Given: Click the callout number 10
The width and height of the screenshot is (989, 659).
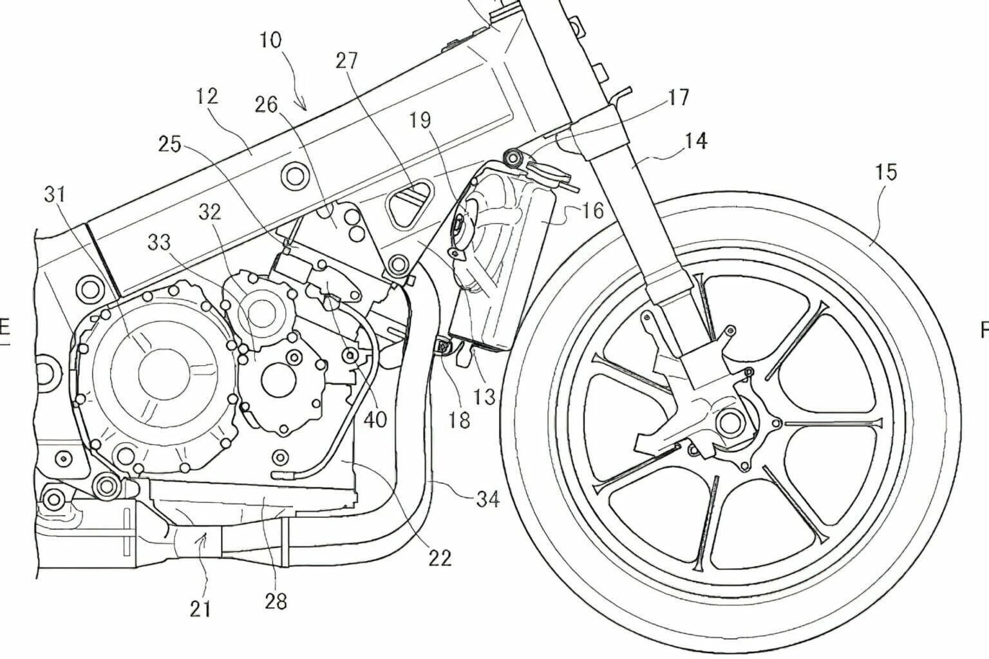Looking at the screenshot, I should (x=270, y=41).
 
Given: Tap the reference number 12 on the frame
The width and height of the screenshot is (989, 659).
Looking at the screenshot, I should (x=207, y=97).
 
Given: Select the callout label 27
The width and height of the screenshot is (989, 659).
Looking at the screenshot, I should (x=347, y=61).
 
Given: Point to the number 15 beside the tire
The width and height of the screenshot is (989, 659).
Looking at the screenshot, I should (x=885, y=173).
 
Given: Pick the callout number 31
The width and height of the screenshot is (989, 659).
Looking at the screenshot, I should (x=56, y=194).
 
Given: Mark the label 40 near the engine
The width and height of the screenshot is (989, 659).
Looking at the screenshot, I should (x=375, y=419).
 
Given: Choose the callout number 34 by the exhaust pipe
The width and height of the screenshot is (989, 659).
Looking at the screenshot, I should (x=487, y=498).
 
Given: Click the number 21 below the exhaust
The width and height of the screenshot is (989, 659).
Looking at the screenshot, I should (x=200, y=608).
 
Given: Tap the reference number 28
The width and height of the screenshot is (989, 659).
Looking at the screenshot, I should (x=275, y=601).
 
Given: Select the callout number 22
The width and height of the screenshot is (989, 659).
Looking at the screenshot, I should (x=440, y=557).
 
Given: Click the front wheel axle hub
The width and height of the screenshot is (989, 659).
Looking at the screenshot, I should (x=729, y=423).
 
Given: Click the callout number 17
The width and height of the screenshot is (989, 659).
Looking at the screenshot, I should (x=678, y=97).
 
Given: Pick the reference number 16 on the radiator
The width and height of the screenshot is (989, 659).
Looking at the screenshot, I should (x=592, y=210).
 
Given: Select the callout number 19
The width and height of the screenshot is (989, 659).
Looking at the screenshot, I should (x=420, y=120).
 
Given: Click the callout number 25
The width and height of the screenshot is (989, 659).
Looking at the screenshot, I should (x=170, y=144).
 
